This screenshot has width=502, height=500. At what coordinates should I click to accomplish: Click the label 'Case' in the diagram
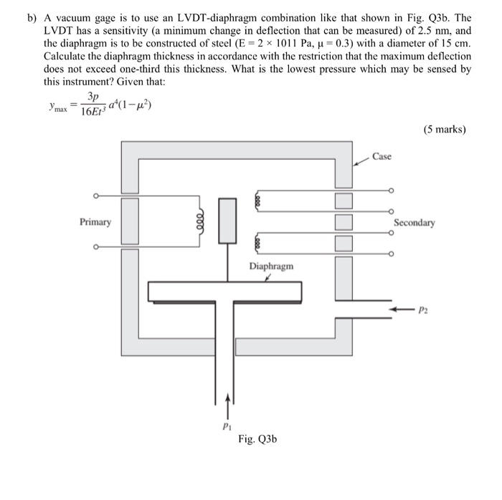382,156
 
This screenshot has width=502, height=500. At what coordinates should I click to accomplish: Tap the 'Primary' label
95,222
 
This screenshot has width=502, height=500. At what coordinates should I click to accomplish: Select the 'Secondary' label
415,223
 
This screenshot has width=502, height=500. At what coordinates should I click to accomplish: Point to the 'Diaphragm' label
271,266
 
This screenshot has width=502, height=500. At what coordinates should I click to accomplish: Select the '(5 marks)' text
444,130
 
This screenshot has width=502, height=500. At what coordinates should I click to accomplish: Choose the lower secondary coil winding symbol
255,243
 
